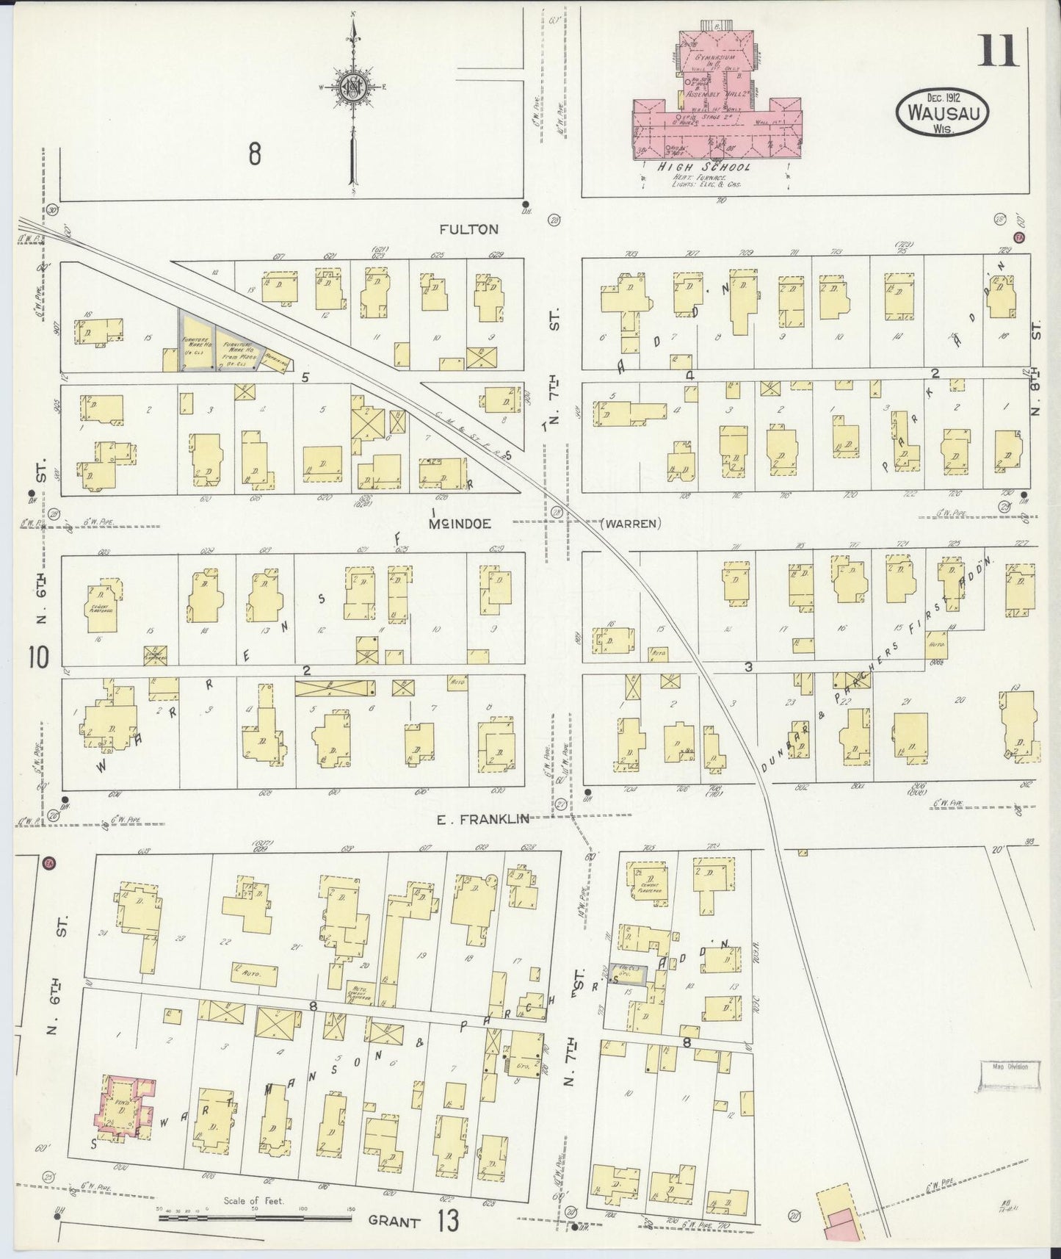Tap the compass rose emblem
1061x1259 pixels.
point(352,87)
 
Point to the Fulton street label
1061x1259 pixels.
point(468,229)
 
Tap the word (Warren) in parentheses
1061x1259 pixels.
point(631,524)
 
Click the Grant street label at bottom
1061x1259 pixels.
point(394,1222)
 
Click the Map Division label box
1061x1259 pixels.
point(1010,1074)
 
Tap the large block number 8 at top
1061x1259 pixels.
point(254,155)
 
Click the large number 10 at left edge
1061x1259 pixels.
point(40,657)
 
